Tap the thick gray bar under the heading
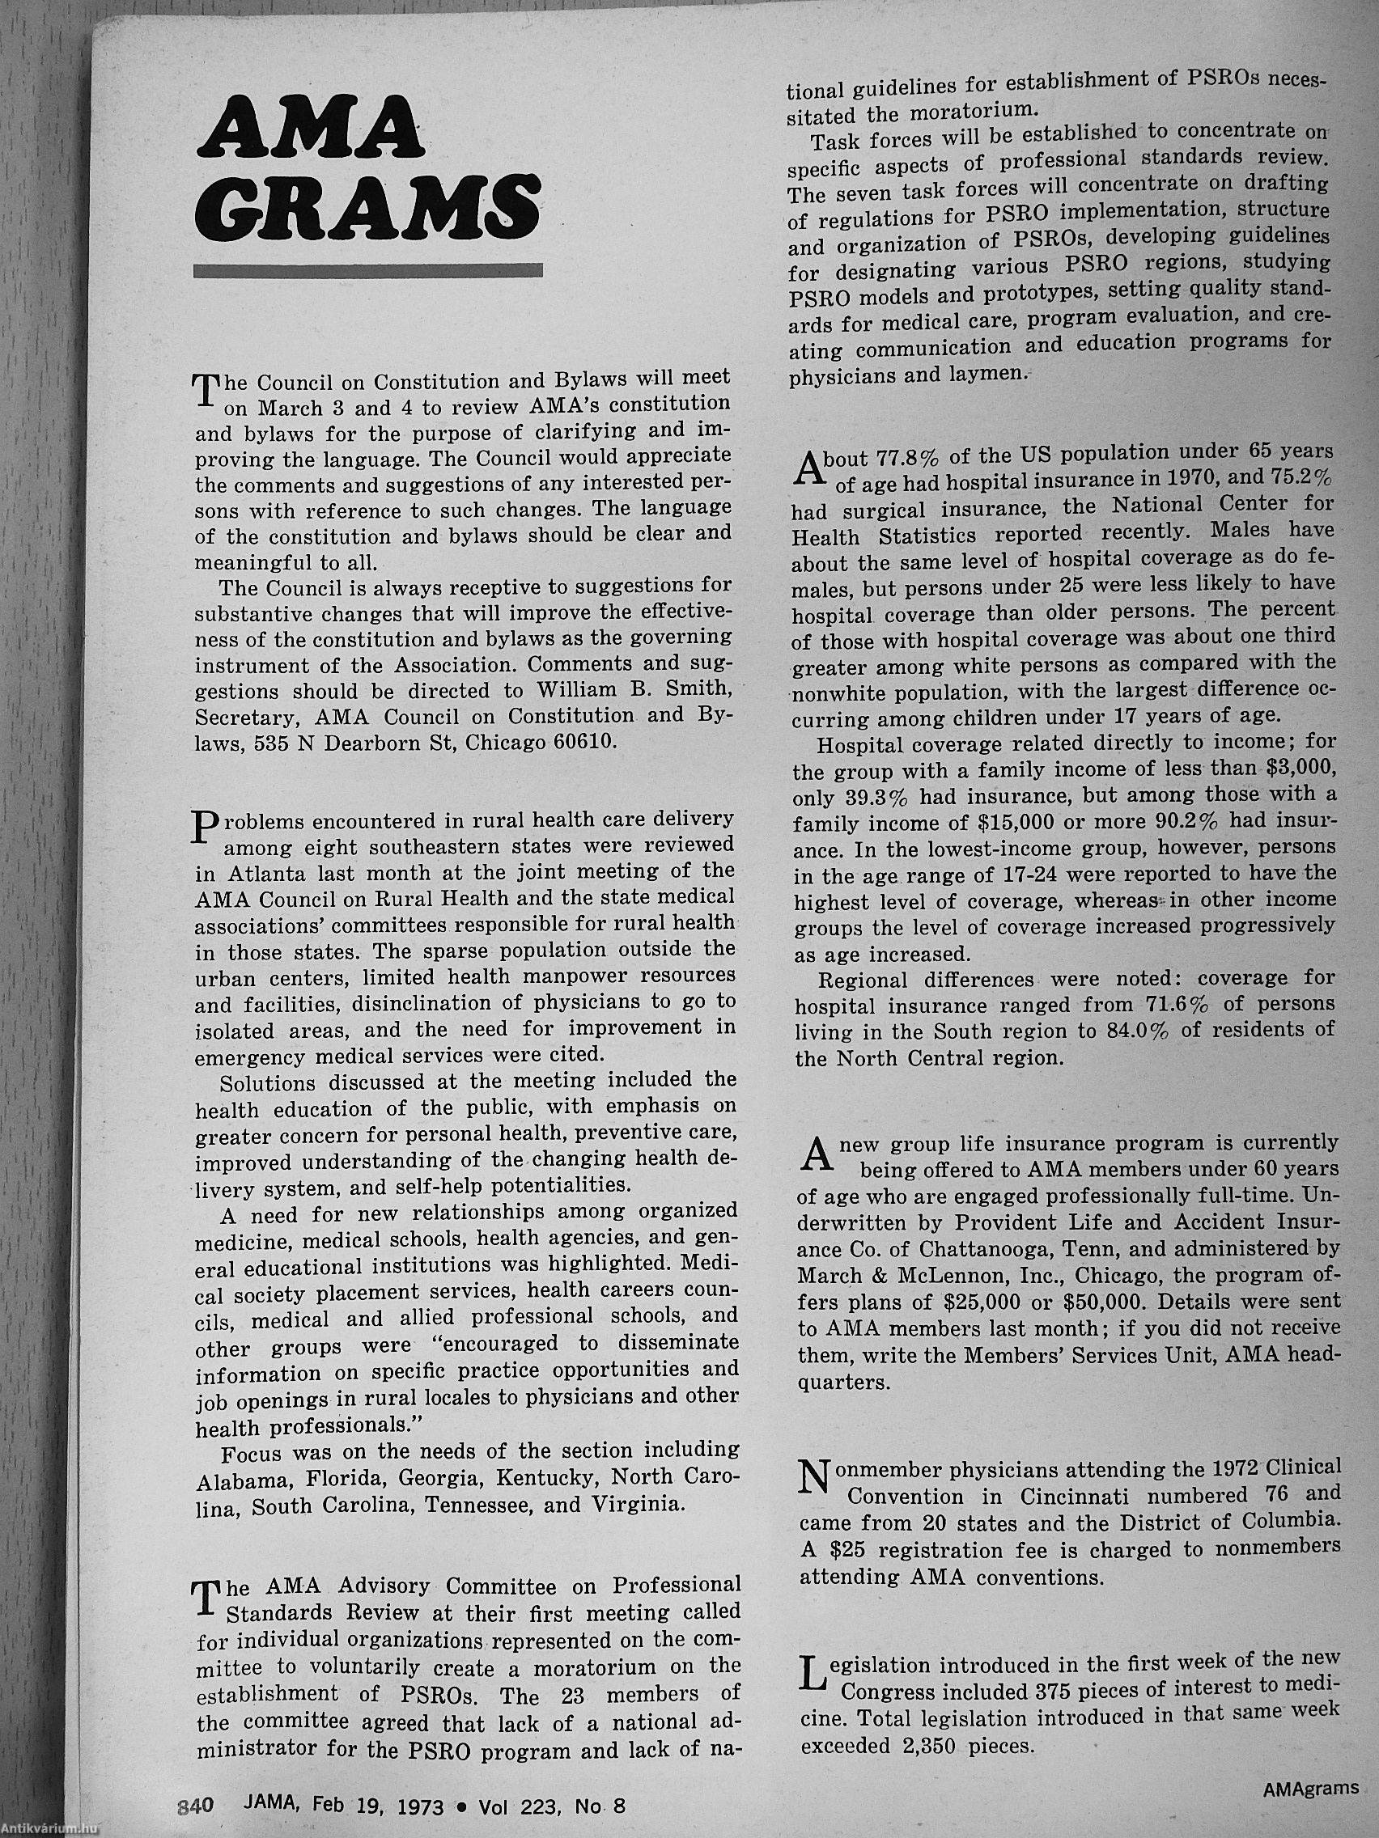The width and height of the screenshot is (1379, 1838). [367, 270]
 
